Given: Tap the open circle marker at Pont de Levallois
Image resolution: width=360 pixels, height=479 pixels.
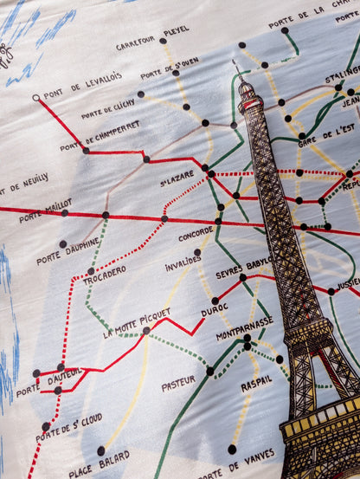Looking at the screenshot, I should (35, 98).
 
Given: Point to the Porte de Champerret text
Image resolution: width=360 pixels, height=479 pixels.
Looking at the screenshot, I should (100, 136).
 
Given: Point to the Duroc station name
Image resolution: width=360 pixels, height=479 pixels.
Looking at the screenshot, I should (214, 307).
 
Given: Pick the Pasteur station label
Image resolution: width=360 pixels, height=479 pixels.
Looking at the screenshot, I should (178, 382).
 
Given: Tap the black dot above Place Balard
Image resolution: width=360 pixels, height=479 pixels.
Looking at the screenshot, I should (100, 450).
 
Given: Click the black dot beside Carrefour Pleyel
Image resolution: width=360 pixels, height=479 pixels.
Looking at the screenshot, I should (163, 41).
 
